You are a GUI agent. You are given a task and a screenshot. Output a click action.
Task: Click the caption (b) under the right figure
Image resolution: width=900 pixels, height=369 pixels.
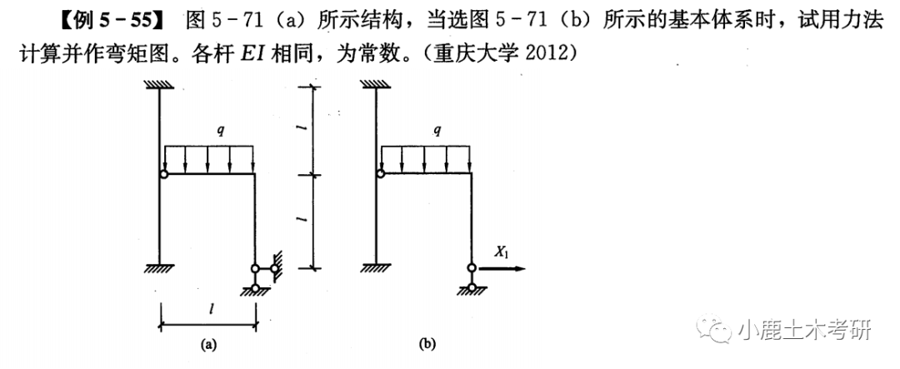(427, 342)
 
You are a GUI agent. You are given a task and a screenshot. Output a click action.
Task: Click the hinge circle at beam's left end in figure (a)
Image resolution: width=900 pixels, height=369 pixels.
(163, 174)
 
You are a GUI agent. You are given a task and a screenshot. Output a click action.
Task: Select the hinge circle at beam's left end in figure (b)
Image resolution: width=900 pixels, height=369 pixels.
(380, 174)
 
